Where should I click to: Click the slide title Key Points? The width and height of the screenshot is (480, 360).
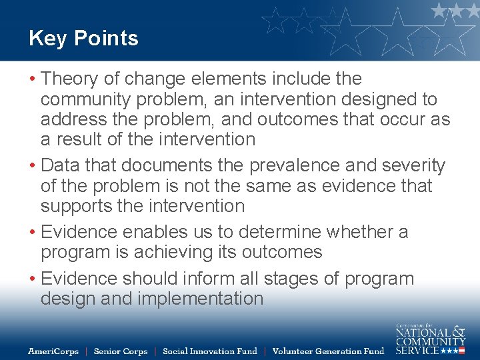click(83, 39)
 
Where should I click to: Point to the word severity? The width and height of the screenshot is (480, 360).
click(407, 166)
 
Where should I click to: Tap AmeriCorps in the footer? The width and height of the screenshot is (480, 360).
click(53, 351)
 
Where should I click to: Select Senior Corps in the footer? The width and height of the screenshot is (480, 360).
click(121, 351)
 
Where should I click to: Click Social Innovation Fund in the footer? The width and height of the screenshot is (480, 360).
click(210, 351)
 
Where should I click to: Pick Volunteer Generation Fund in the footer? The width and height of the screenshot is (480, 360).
click(329, 351)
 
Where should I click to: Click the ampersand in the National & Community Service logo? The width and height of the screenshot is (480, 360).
click(458, 331)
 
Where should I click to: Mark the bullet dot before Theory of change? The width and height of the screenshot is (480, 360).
click(32, 79)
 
